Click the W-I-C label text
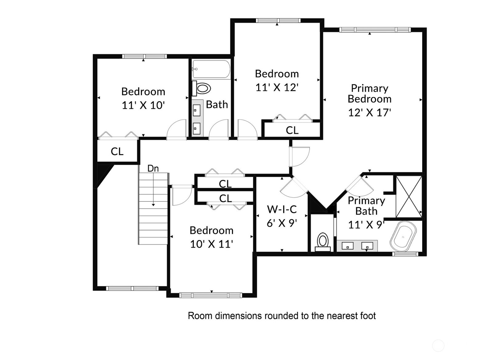(282, 209)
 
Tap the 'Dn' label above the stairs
(153, 168)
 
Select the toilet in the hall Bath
(202, 88)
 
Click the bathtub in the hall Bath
(211, 69)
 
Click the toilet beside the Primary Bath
(323, 242)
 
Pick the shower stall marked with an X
(409, 196)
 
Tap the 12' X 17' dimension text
(370, 112)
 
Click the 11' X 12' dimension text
(277, 87)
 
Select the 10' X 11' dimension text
(211, 244)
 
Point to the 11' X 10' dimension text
(143, 105)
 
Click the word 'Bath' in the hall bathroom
(217, 105)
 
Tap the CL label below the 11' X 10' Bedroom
(117, 152)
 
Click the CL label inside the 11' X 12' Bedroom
(292, 130)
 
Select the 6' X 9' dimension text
(282, 223)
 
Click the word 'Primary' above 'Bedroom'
(370, 89)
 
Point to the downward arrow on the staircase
(153, 189)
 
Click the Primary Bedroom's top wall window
(375, 30)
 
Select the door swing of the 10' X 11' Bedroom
(182, 195)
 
